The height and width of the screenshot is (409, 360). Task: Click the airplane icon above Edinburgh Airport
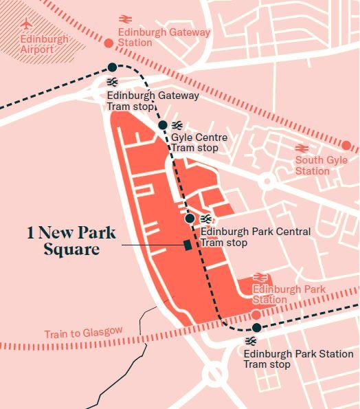[27, 23]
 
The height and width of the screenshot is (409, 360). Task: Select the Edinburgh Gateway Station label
[164, 38]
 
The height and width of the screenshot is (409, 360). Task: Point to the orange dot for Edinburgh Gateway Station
[108, 43]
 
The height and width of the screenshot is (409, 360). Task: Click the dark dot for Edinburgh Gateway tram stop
[112, 67]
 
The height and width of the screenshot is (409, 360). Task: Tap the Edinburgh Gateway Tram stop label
[153, 100]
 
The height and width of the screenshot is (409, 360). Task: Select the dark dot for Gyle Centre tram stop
[163, 124]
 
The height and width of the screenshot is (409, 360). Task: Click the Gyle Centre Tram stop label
[199, 142]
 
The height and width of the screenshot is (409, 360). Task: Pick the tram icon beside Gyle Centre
[177, 125]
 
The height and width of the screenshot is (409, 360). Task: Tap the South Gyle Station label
[322, 166]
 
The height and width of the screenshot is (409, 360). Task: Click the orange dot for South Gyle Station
[346, 146]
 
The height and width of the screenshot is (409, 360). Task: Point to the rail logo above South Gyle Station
[301, 148]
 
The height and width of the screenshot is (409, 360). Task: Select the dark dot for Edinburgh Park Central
[190, 218]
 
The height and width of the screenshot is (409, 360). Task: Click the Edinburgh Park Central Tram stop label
[255, 237]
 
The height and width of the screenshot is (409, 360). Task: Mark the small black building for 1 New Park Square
[187, 245]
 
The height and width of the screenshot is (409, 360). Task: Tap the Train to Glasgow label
[83, 333]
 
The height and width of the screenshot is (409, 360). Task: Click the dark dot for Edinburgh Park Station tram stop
[256, 327]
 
